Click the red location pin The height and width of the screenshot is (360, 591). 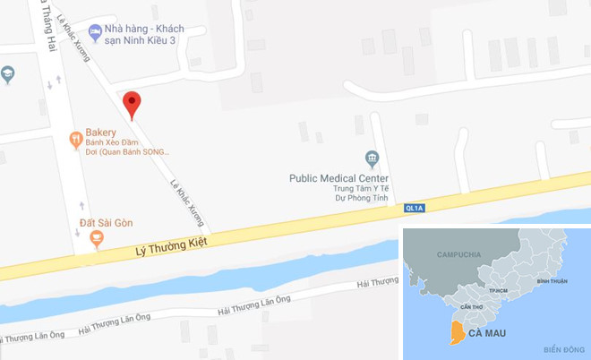pyautogui.click(x=132, y=103)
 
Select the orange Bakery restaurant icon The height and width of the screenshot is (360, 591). pyautogui.click(x=75, y=139)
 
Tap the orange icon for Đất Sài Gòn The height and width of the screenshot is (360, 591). pyautogui.click(x=96, y=237)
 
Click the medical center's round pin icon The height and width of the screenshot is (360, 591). pyautogui.click(x=373, y=159)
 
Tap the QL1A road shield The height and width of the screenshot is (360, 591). pyautogui.click(x=414, y=208)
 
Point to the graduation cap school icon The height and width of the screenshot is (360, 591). pyautogui.click(x=8, y=73)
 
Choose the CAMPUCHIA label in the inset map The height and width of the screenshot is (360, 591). pyautogui.click(x=459, y=254)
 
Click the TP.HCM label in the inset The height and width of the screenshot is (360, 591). pyautogui.click(x=499, y=291)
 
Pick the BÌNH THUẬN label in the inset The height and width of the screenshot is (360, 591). pyautogui.click(x=552, y=281)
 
